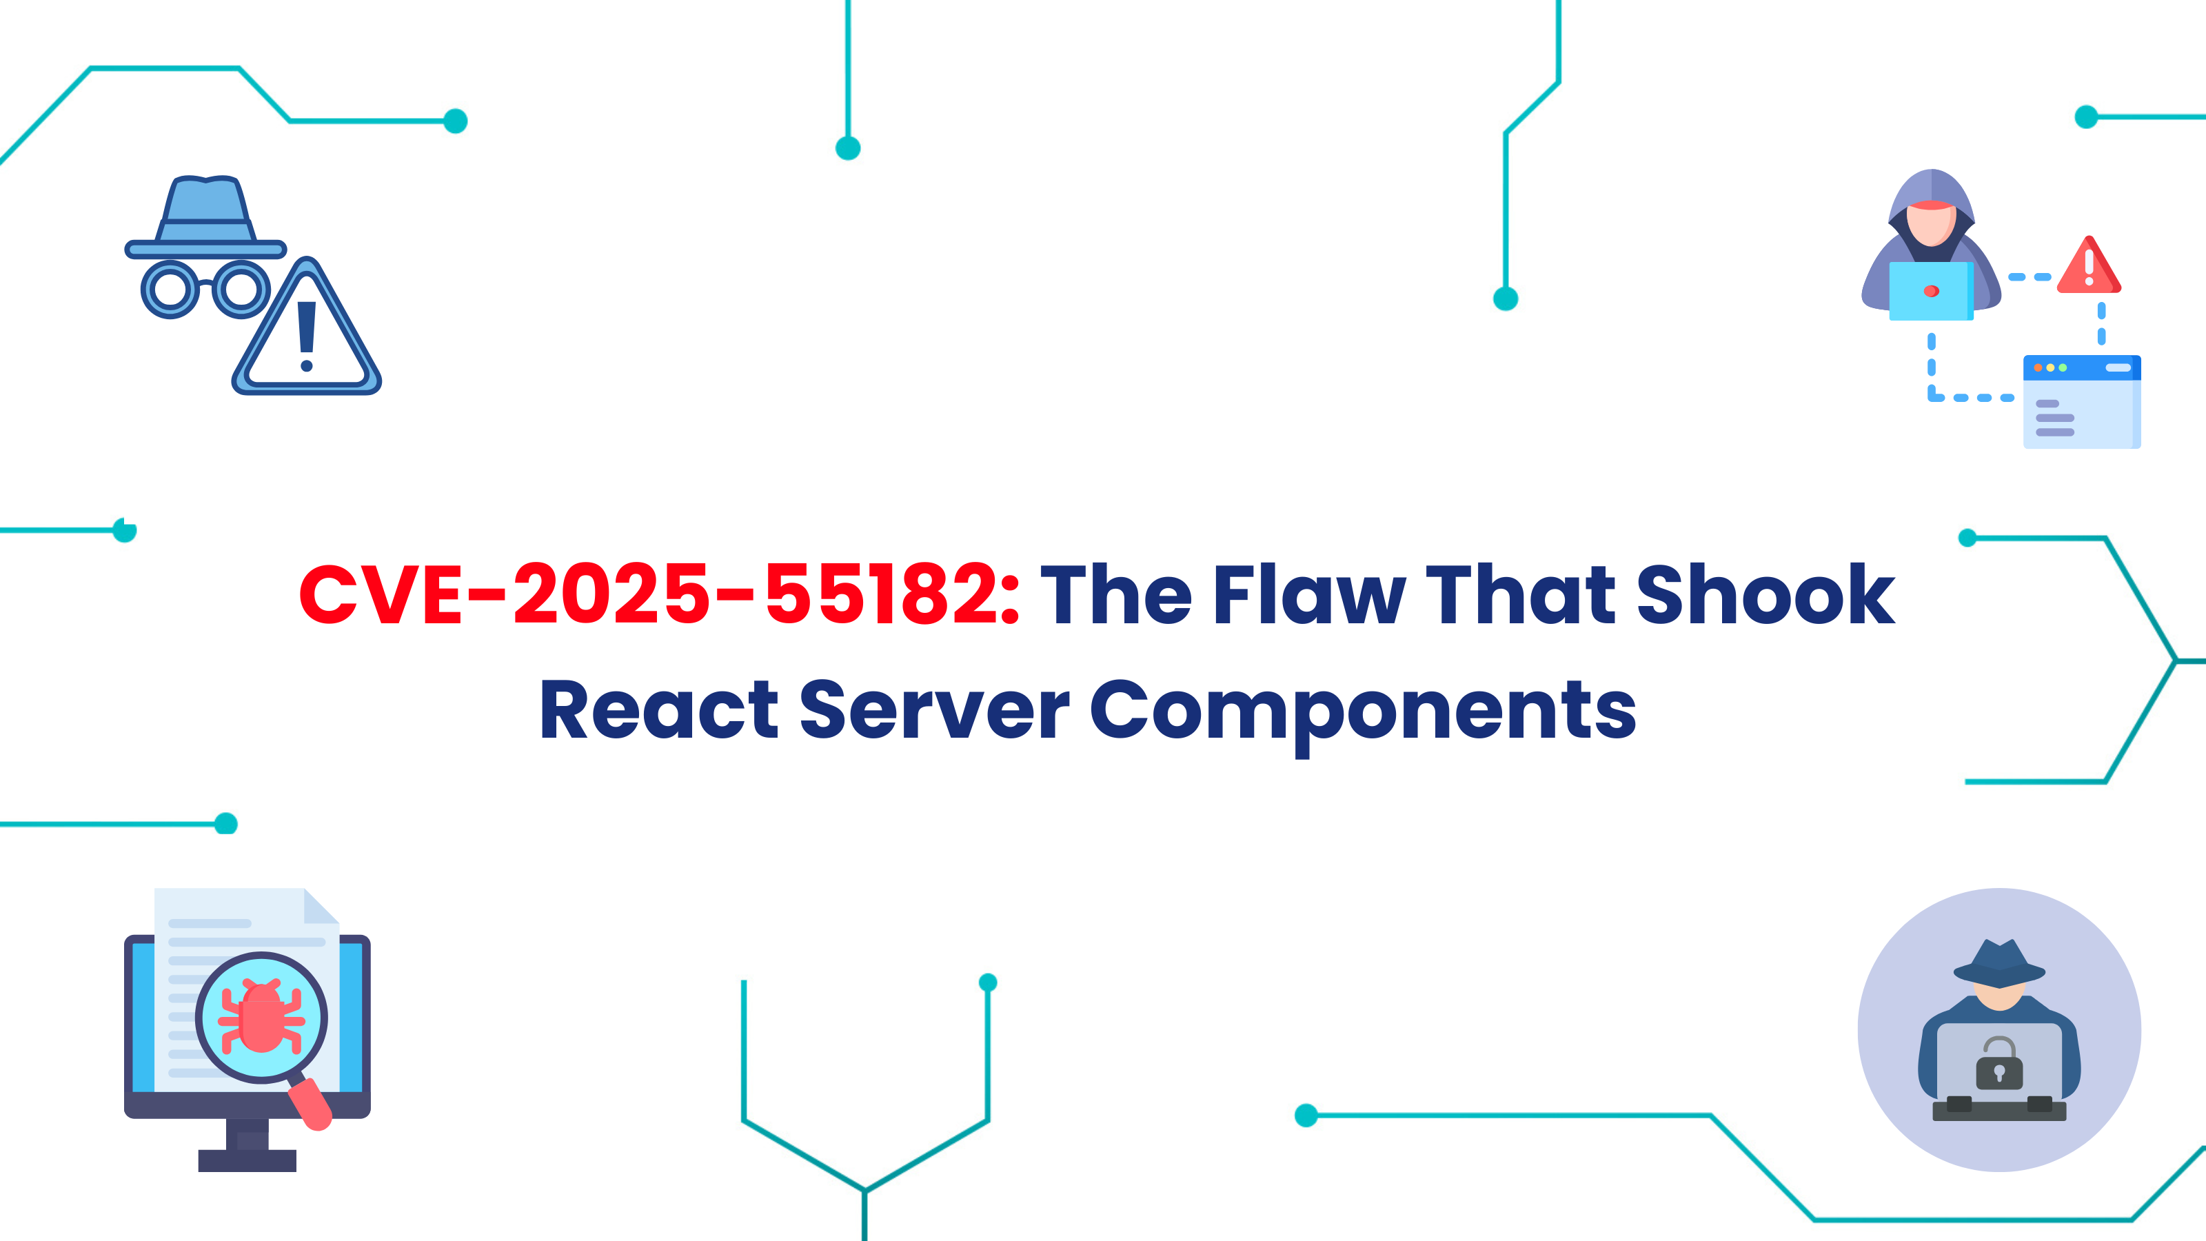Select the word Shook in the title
[1765, 594]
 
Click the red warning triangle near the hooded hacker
[2089, 268]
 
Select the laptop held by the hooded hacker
[1931, 291]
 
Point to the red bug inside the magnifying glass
[261, 1018]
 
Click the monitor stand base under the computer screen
[247, 1160]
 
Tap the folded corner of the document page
[322, 905]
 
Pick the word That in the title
[1520, 594]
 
